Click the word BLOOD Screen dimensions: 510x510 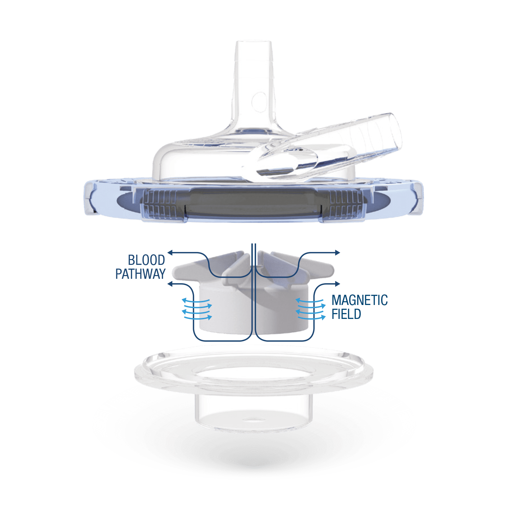(x=146, y=260)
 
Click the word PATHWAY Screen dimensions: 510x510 (x=140, y=274)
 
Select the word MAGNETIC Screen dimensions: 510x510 (x=359, y=300)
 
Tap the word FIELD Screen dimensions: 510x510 (x=346, y=314)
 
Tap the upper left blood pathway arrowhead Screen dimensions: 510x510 (x=171, y=252)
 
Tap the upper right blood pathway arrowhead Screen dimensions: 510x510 (x=337, y=252)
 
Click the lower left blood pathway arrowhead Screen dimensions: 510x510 (x=171, y=284)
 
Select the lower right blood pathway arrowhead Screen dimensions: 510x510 (x=337, y=284)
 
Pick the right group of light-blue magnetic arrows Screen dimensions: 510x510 (x=310, y=309)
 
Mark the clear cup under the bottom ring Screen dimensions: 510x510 (x=253, y=411)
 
